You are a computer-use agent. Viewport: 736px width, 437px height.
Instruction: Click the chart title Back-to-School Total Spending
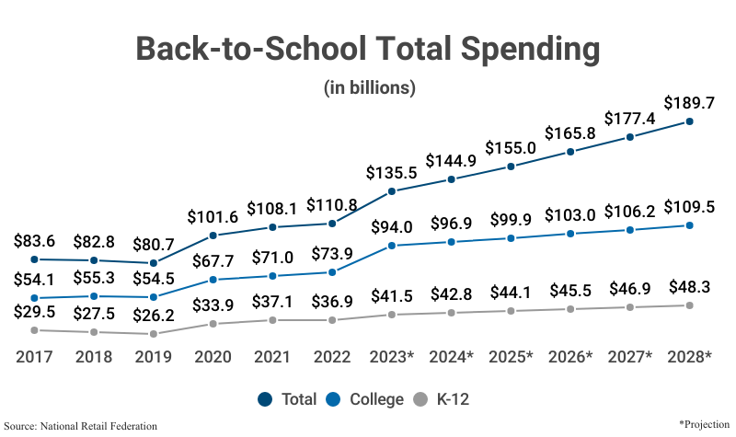pyautogui.click(x=368, y=49)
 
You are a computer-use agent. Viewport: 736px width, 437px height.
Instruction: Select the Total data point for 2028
pyautogui.click(x=689, y=121)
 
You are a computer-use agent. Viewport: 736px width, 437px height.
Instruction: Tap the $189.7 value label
pyautogui.click(x=689, y=102)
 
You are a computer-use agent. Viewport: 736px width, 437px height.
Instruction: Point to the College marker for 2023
pyautogui.click(x=392, y=246)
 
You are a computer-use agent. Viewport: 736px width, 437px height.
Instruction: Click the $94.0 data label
pyautogui.click(x=392, y=226)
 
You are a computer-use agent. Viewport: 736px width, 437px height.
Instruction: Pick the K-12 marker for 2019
pyautogui.click(x=153, y=334)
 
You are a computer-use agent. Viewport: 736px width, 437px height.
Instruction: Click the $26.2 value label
pyautogui.click(x=153, y=315)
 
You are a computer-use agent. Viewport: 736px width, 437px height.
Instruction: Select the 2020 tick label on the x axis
pyautogui.click(x=213, y=356)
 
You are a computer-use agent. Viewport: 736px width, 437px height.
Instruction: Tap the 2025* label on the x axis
pyautogui.click(x=511, y=356)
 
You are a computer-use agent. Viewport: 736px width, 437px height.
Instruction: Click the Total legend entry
pyautogui.click(x=288, y=399)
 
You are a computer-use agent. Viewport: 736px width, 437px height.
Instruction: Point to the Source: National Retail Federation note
pyautogui.click(x=86, y=426)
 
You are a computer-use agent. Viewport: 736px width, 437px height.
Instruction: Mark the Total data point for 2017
pyautogui.click(x=34, y=260)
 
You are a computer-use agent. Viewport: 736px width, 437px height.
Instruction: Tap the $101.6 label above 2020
pyautogui.click(x=213, y=216)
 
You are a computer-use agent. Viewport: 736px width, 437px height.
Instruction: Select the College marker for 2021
pyautogui.click(x=272, y=276)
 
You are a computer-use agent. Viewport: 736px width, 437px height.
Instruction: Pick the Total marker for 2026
pyautogui.click(x=570, y=152)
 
